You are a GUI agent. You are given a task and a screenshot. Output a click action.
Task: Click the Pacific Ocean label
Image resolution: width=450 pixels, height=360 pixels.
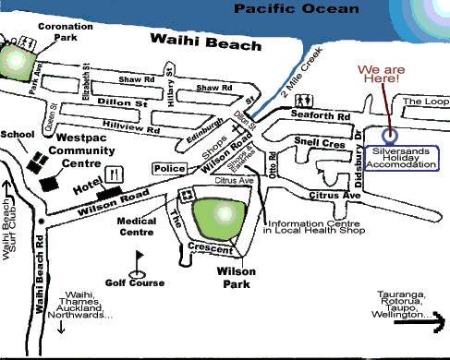coord(296,9)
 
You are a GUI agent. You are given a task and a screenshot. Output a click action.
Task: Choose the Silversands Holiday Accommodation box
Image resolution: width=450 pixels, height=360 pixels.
coord(400,157)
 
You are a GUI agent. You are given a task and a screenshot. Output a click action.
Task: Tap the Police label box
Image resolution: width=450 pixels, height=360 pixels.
coord(169,168)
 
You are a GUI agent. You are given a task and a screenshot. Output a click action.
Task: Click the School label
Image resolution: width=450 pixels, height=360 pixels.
coord(17,133)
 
